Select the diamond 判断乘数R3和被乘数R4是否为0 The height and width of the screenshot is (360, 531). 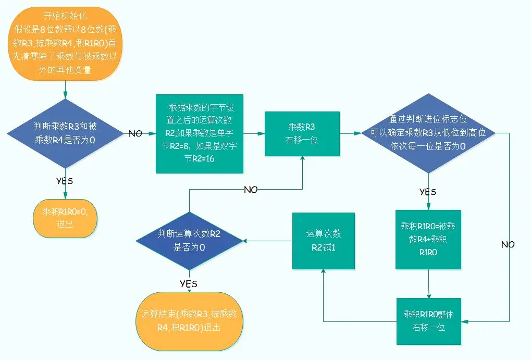click(65, 133)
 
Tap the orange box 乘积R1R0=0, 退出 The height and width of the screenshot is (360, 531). click(65, 219)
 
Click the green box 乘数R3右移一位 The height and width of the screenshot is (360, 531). click(302, 133)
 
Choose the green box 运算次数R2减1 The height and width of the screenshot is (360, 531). click(323, 241)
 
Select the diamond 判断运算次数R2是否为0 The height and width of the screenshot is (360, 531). click(189, 241)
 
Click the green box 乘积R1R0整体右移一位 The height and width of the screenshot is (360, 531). click(428, 321)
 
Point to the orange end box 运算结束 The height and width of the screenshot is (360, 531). click(189, 321)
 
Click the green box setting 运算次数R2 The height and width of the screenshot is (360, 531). click(200, 133)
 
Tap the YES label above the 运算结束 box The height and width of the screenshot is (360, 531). click(188, 283)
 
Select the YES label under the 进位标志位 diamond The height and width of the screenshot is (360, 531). click(428, 192)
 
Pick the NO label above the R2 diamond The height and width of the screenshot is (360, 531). click(251, 190)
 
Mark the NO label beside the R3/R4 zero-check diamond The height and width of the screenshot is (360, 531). click(135, 134)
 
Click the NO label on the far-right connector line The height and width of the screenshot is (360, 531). click(508, 244)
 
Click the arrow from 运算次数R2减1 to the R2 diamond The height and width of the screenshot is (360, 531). click(267, 241)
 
